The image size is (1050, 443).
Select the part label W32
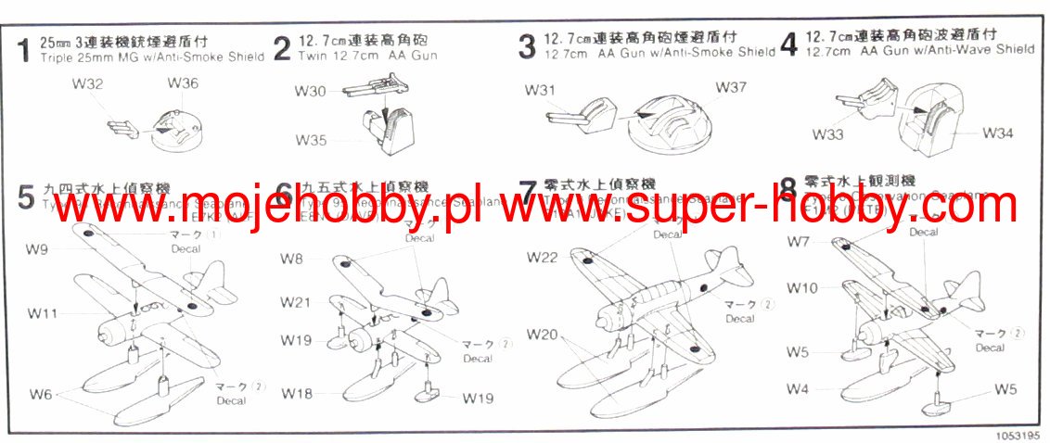(86, 84)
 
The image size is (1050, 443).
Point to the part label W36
(183, 83)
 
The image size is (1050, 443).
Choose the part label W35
(311, 140)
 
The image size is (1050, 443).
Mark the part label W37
(731, 87)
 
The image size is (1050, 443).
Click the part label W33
(827, 134)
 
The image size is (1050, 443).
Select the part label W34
(997, 133)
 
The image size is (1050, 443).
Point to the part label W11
(43, 314)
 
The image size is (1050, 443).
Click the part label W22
(542, 257)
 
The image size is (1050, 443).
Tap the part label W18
(298, 393)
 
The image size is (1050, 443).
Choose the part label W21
(296, 302)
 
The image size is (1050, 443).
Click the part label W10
(802, 288)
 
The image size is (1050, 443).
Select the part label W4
(798, 388)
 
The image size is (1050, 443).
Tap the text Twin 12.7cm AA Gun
(368, 56)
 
